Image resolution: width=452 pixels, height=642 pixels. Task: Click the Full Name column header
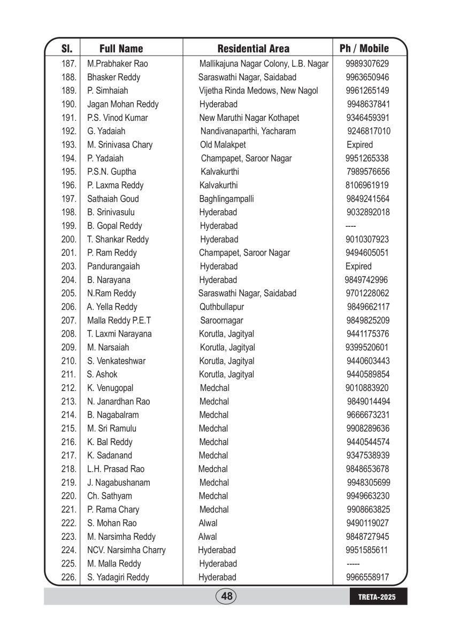pyautogui.click(x=121, y=49)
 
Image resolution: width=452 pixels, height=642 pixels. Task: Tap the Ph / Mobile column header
pyautogui.click(x=364, y=49)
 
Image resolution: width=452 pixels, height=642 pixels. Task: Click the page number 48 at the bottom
pyautogui.click(x=226, y=596)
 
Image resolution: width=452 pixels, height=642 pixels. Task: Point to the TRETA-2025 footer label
pyautogui.click(x=377, y=597)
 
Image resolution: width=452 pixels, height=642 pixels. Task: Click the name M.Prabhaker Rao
pyautogui.click(x=118, y=64)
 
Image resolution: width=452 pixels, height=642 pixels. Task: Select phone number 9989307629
pyautogui.click(x=367, y=64)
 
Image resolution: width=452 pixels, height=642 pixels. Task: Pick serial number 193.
pyautogui.click(x=69, y=144)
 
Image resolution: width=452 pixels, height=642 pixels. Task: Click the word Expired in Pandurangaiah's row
pyautogui.click(x=358, y=266)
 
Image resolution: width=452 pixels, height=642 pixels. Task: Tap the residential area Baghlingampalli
pyautogui.click(x=226, y=199)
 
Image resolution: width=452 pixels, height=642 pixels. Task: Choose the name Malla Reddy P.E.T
pyautogui.click(x=119, y=320)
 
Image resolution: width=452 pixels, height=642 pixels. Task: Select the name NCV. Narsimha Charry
pyautogui.click(x=126, y=550)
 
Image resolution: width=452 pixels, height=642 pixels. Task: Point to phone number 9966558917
pyautogui.click(x=367, y=577)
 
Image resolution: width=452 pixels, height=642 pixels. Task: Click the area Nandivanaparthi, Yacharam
pyautogui.click(x=248, y=131)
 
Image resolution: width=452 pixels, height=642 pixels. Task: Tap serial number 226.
pyautogui.click(x=69, y=577)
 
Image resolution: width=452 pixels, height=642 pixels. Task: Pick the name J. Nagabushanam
pyautogui.click(x=119, y=483)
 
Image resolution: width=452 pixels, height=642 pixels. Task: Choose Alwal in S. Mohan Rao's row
pyautogui.click(x=208, y=523)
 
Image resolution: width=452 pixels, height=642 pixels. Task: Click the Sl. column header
pyautogui.click(x=67, y=49)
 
